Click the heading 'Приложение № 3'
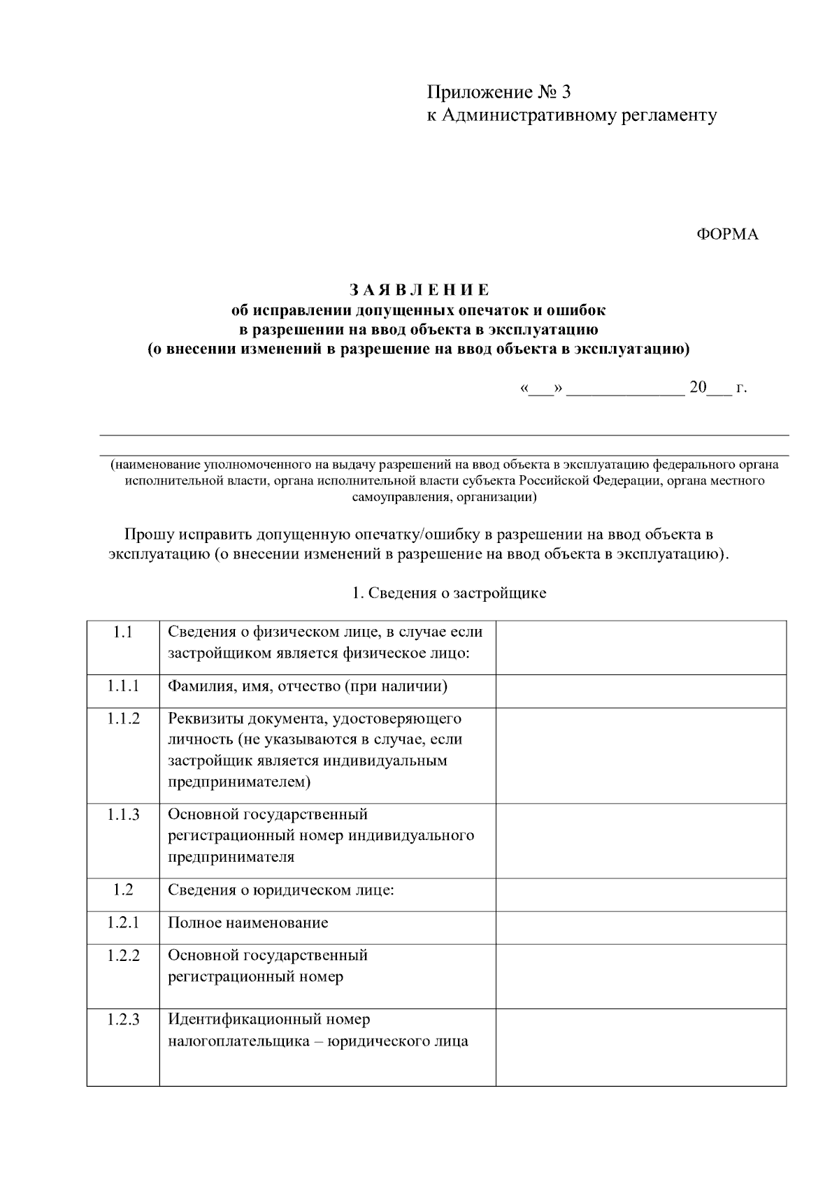499,92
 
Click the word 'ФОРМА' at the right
727,235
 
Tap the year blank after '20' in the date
719,389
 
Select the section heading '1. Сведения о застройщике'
448,593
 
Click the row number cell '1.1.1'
123,686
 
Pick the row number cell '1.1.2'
123,718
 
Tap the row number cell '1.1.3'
123,814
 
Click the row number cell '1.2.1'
123,923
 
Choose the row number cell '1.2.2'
123,955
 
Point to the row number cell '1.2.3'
123,1020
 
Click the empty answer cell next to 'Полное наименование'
640,927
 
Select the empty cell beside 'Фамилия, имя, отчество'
640,690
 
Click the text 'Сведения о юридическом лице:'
281,890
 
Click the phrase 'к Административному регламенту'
572,115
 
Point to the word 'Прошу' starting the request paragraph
148,535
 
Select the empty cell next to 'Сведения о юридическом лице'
640,894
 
